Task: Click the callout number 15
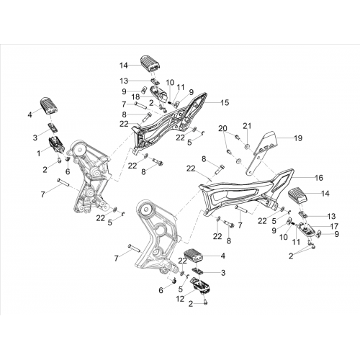click(225, 102)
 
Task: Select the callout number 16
click(319, 178)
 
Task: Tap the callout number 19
click(298, 138)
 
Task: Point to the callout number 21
click(247, 126)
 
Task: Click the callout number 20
click(223, 129)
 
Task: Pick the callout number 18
click(136, 97)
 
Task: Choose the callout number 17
click(334, 226)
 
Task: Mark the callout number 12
click(180, 299)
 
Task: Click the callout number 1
click(39, 153)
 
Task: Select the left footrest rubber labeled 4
click(49, 105)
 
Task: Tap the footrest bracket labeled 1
click(57, 145)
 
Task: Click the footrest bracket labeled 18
click(158, 94)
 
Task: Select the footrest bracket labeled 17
click(305, 229)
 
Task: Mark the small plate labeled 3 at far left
click(53, 127)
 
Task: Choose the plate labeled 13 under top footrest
click(155, 81)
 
